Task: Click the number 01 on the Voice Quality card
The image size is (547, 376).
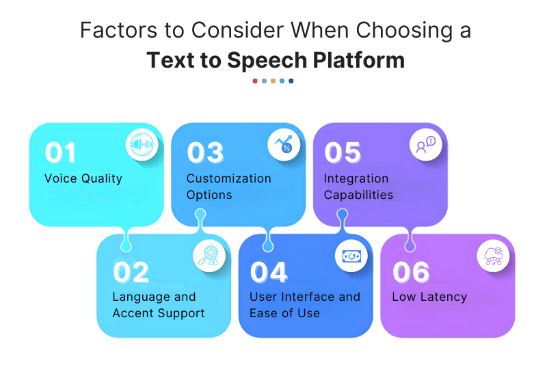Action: [60, 152]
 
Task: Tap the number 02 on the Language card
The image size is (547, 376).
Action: [131, 271]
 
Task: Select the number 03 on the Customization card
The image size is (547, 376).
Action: [205, 152]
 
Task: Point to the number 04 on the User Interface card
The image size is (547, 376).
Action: [269, 271]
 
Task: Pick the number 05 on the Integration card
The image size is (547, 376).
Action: [343, 152]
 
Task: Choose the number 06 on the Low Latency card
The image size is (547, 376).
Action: [411, 271]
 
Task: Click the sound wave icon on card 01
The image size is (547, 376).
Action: [142, 144]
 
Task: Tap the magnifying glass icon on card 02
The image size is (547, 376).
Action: [209, 256]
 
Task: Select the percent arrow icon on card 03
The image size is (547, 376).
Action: [284, 144]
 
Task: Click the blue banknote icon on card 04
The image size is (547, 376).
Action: [351, 256]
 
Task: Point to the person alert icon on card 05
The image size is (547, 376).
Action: [426, 144]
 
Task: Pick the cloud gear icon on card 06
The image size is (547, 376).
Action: [493, 256]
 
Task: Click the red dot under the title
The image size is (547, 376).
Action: [255, 81]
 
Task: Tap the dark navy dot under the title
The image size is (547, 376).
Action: [291, 81]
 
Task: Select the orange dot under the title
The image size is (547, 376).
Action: [273, 81]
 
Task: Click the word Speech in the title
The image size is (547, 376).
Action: [267, 61]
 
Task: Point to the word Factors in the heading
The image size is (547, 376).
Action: [118, 30]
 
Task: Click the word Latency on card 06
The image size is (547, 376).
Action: [443, 297]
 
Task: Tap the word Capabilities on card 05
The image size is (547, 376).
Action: [358, 195]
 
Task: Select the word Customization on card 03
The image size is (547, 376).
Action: [229, 178]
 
